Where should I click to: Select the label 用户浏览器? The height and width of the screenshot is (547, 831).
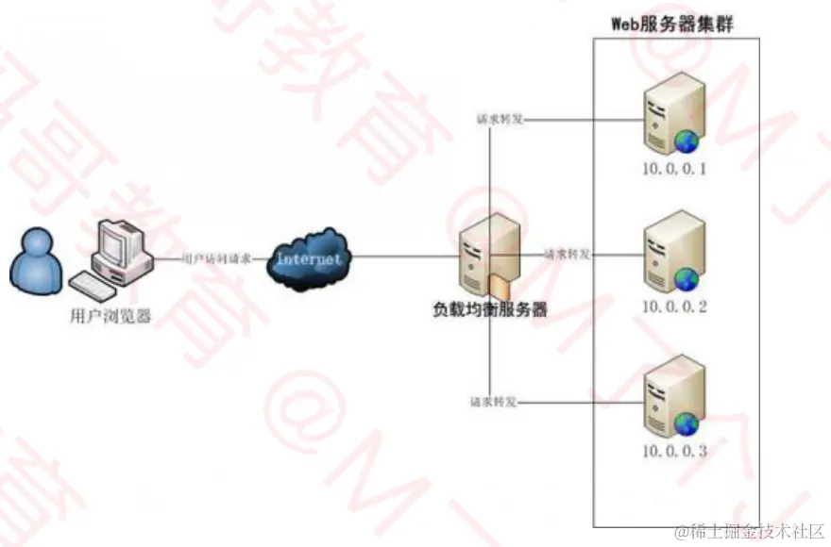[111, 315]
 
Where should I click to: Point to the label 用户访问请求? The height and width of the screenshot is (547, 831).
[215, 257]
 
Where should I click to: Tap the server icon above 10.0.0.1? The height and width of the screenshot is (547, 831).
[672, 115]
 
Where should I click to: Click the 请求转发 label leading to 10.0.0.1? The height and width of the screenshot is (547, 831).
[500, 120]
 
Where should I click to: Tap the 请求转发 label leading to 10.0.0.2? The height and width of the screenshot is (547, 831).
[568, 254]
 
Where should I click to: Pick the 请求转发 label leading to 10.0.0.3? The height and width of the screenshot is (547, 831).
[493, 403]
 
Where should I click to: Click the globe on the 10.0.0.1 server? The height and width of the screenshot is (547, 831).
[686, 141]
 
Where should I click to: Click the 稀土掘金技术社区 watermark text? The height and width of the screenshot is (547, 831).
[754, 532]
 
